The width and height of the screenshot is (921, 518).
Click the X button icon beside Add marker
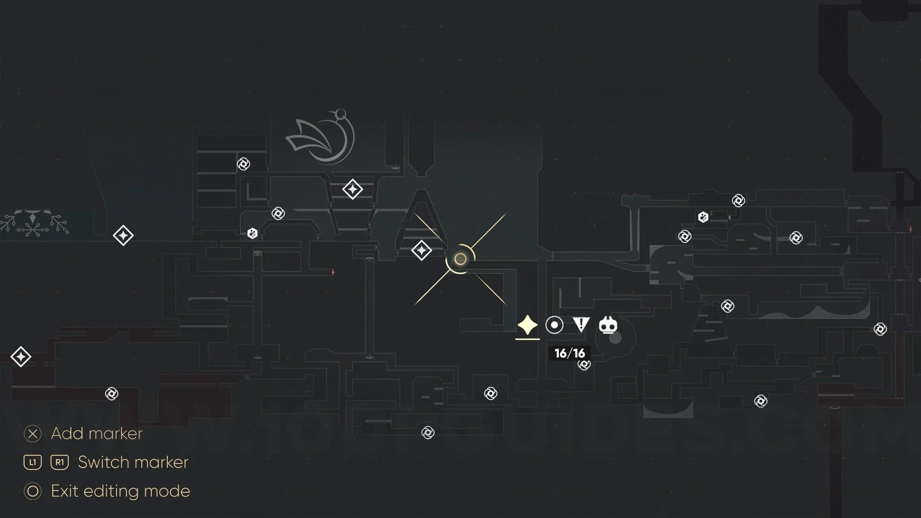tap(33, 434)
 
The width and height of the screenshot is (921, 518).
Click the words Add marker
tap(96, 434)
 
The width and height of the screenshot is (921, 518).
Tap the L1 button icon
tap(33, 462)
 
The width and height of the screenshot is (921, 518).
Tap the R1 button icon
tap(59, 462)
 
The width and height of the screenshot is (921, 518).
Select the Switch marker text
tap(133, 462)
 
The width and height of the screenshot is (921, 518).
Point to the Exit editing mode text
tap(120, 491)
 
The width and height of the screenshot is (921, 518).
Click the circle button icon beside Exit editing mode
tap(33, 491)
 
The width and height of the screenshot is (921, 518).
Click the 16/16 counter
tap(569, 353)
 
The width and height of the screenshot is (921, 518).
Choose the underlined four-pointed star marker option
tap(527, 325)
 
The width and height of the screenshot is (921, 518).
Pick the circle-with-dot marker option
tap(554, 325)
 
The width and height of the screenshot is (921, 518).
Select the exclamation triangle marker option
tap(581, 325)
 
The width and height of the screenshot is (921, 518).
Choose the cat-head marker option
tap(608, 325)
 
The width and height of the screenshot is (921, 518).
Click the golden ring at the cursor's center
tap(460, 259)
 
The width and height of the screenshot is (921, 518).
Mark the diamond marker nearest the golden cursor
tap(422, 250)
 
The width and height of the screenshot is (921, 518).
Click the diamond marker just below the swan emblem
tap(353, 189)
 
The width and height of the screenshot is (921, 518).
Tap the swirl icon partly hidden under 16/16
tap(584, 365)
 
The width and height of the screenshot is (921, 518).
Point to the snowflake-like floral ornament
tap(34, 224)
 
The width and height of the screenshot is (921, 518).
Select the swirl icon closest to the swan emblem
tap(244, 164)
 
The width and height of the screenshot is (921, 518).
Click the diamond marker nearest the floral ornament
tap(123, 235)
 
